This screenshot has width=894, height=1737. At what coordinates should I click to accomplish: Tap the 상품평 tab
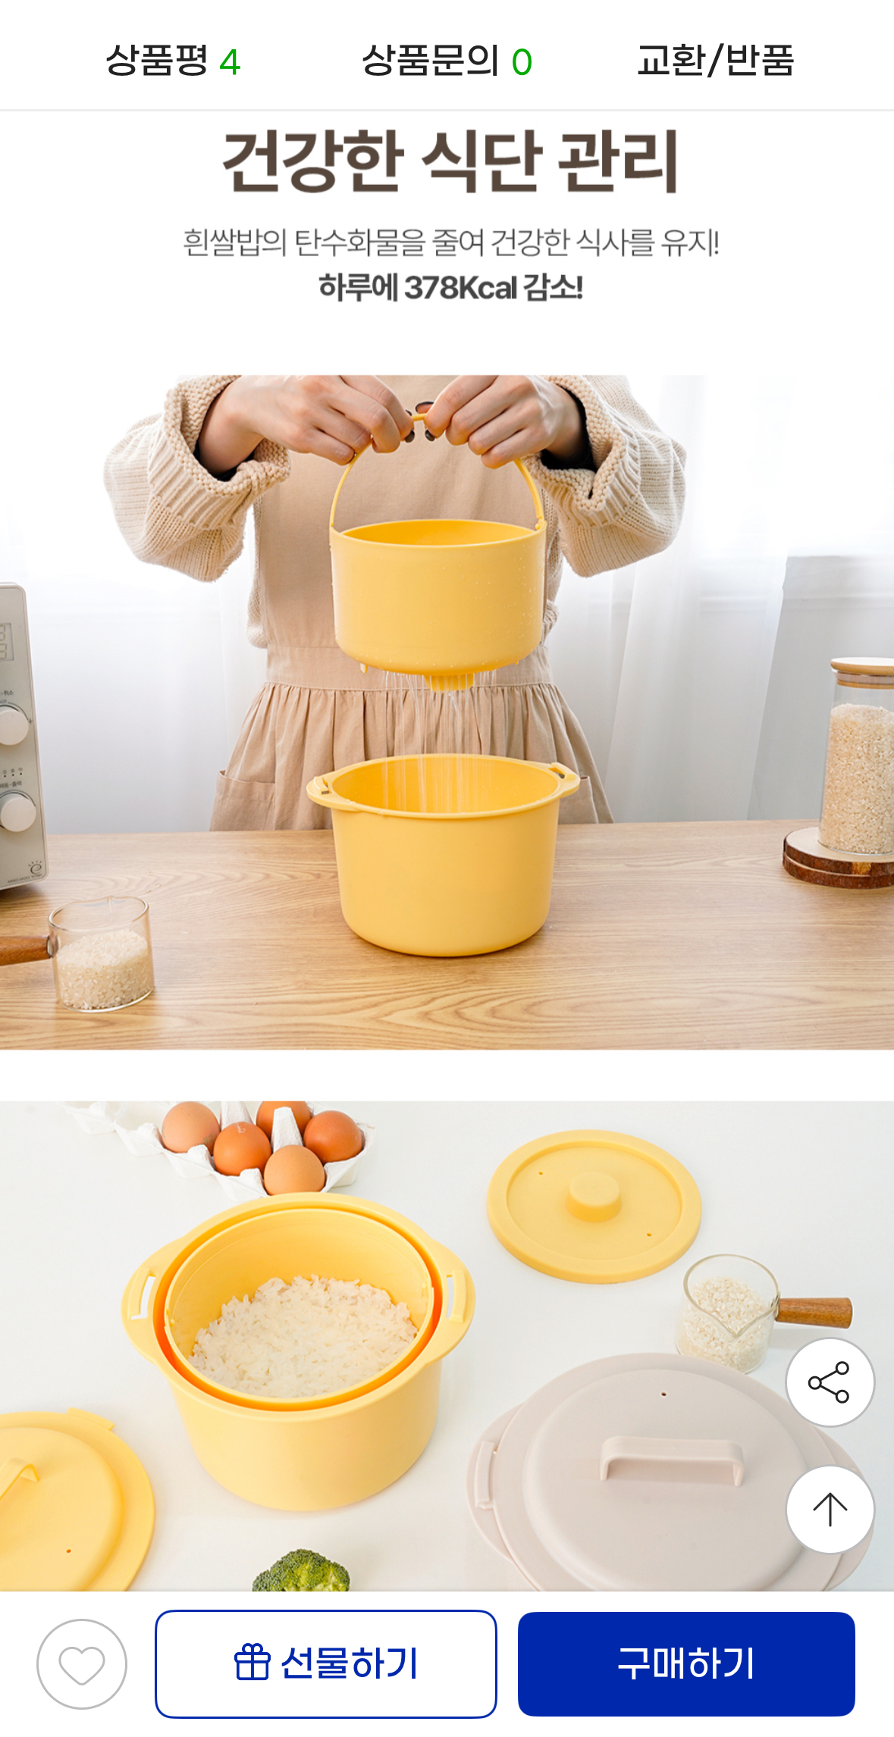pyautogui.click(x=173, y=61)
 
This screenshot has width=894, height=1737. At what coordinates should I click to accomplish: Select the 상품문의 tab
pyautogui.click(x=447, y=61)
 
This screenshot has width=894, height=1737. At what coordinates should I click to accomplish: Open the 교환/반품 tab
pyautogui.click(x=715, y=61)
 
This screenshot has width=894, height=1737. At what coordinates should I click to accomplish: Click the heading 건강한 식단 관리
pyautogui.click(x=450, y=161)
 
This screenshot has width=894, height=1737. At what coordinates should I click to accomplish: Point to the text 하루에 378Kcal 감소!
pyautogui.click(x=450, y=288)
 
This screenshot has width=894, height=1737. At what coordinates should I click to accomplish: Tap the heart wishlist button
pyautogui.click(x=82, y=1664)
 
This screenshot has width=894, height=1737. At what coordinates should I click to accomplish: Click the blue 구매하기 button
pyautogui.click(x=686, y=1663)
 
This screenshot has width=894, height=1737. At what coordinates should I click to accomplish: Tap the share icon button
pyautogui.click(x=830, y=1382)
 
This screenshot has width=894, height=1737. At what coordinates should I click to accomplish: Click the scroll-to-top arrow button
pyautogui.click(x=830, y=1510)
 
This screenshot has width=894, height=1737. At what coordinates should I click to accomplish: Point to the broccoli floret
pyautogui.click(x=301, y=1570)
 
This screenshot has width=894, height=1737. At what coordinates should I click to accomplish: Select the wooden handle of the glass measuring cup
pyautogui.click(x=814, y=1312)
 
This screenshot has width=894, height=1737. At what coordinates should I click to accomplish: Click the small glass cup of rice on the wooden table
pyautogui.click(x=102, y=954)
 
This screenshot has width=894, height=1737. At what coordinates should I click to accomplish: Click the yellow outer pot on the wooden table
pyautogui.click(x=444, y=856)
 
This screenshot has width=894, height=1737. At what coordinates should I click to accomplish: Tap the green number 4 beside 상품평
pyautogui.click(x=230, y=62)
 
